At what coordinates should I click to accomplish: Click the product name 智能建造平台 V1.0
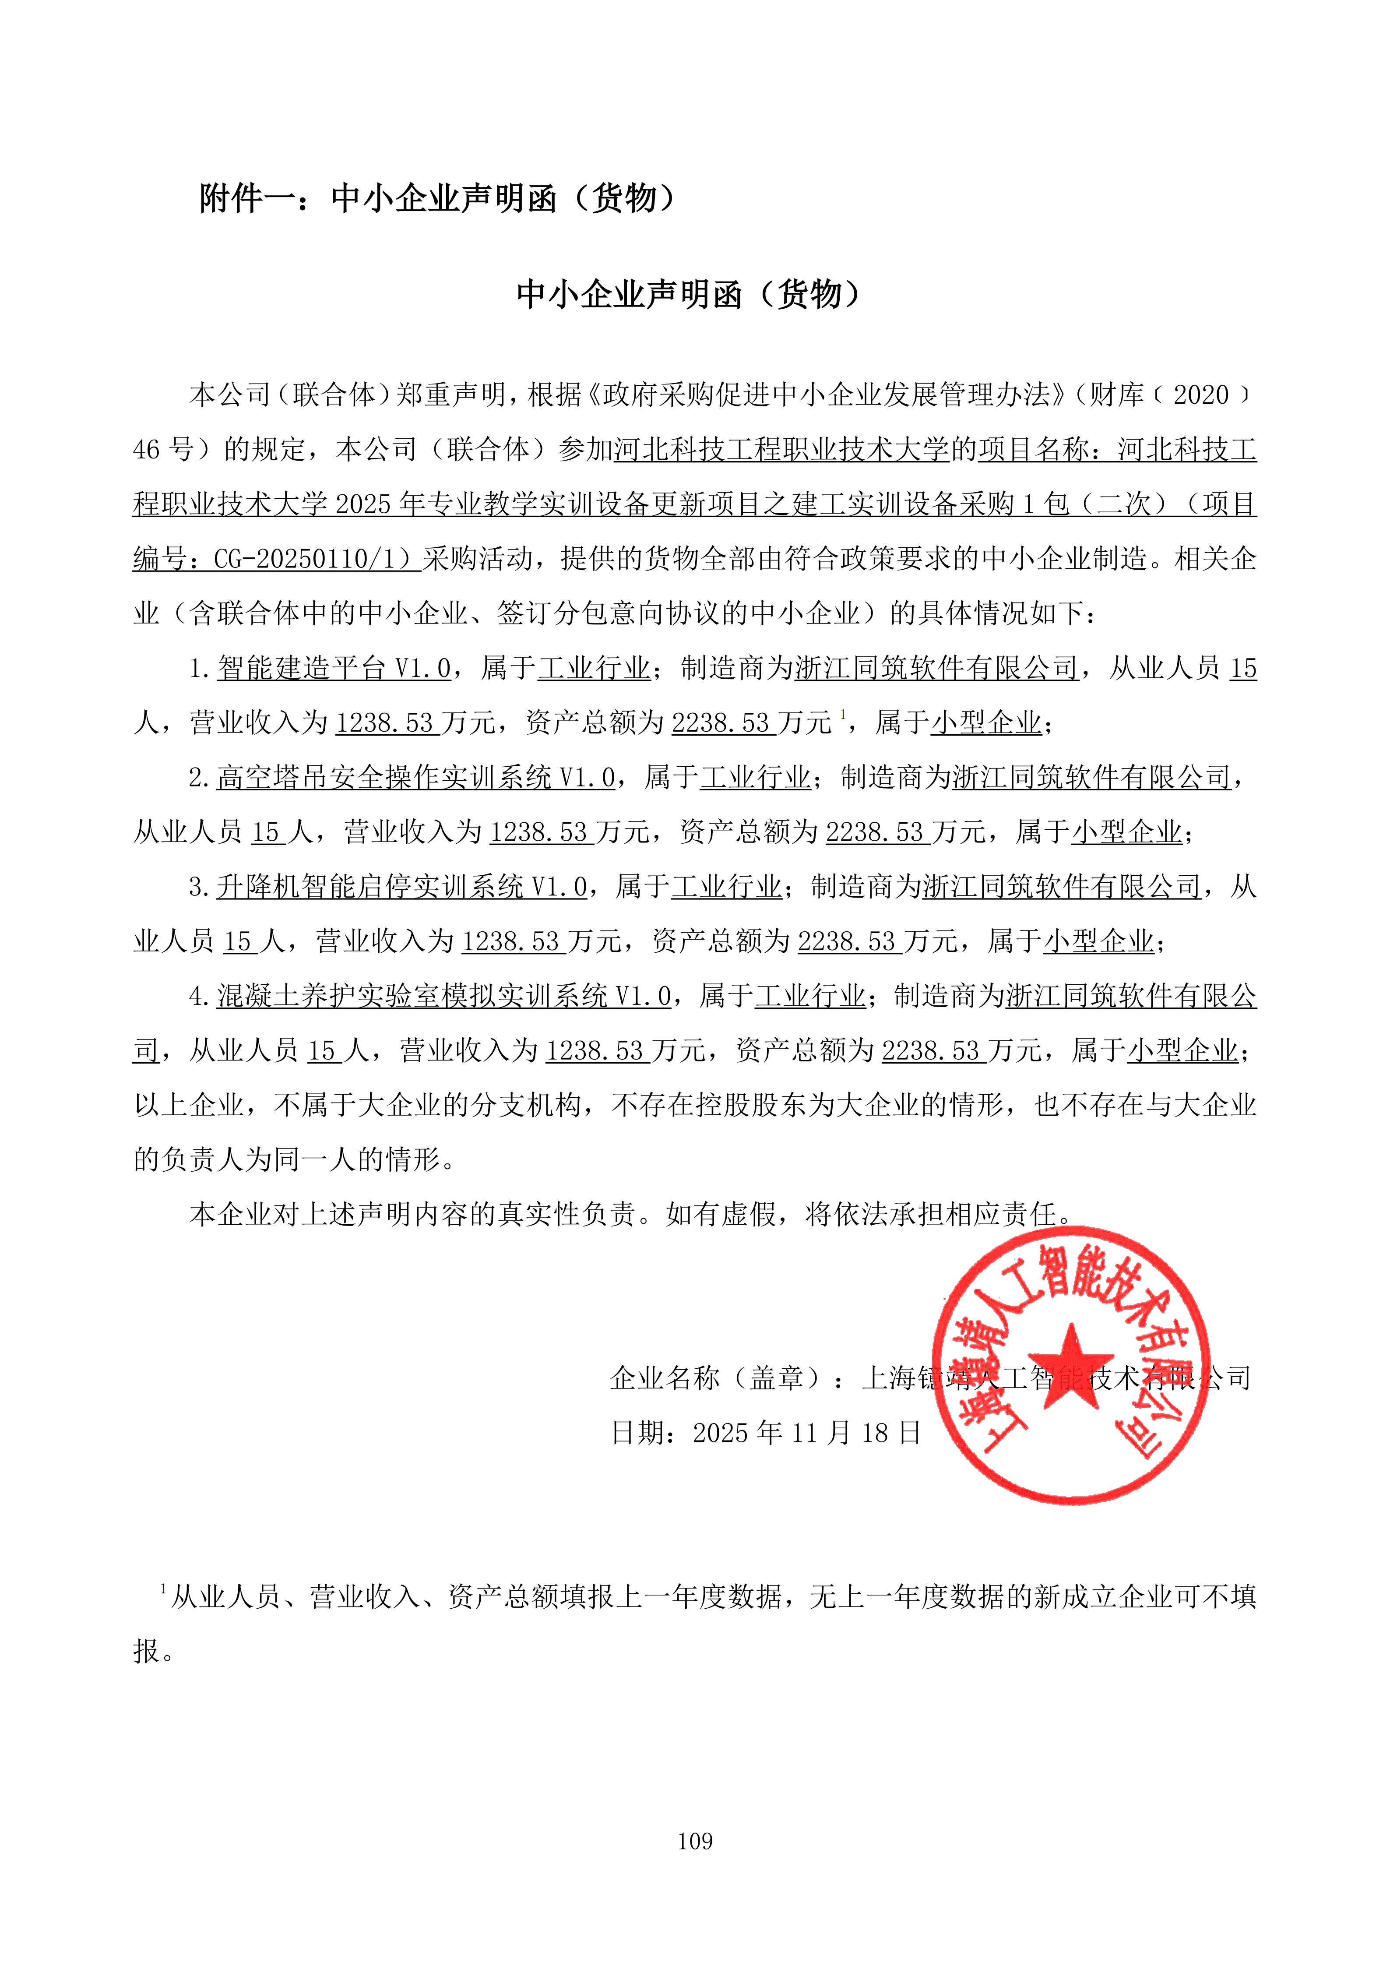[334, 668]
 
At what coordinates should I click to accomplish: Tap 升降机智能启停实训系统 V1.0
[402, 887]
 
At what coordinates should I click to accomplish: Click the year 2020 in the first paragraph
[1200, 395]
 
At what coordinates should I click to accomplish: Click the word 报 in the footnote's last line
[147, 1652]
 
